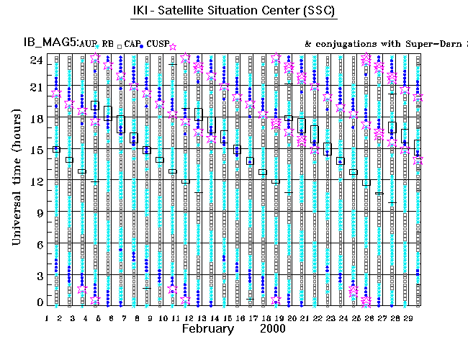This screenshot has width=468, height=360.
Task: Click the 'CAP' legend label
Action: [132, 45]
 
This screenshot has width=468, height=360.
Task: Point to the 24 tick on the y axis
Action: [35, 60]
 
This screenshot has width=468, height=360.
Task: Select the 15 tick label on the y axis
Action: [35, 150]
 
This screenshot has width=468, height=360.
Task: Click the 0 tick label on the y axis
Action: [39, 302]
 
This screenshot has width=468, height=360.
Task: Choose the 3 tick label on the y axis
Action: [39, 276]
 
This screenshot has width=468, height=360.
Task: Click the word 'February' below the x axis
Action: [207, 328]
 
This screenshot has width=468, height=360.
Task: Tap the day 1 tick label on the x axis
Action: [48, 318]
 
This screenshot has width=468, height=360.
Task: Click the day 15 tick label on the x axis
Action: [227, 318]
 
